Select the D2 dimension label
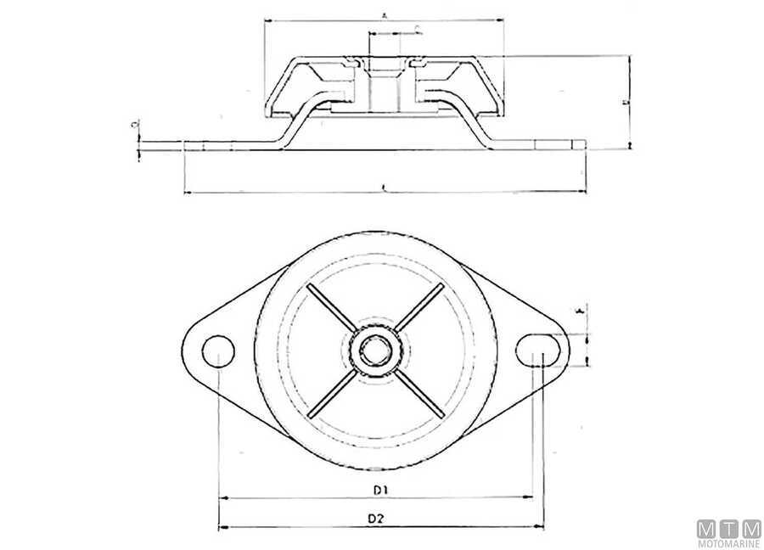[x=377, y=518]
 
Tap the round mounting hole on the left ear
[x=219, y=349]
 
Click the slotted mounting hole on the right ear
[x=537, y=347]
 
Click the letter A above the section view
[x=385, y=15]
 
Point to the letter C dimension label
[x=418, y=28]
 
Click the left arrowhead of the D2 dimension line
[x=222, y=527]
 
